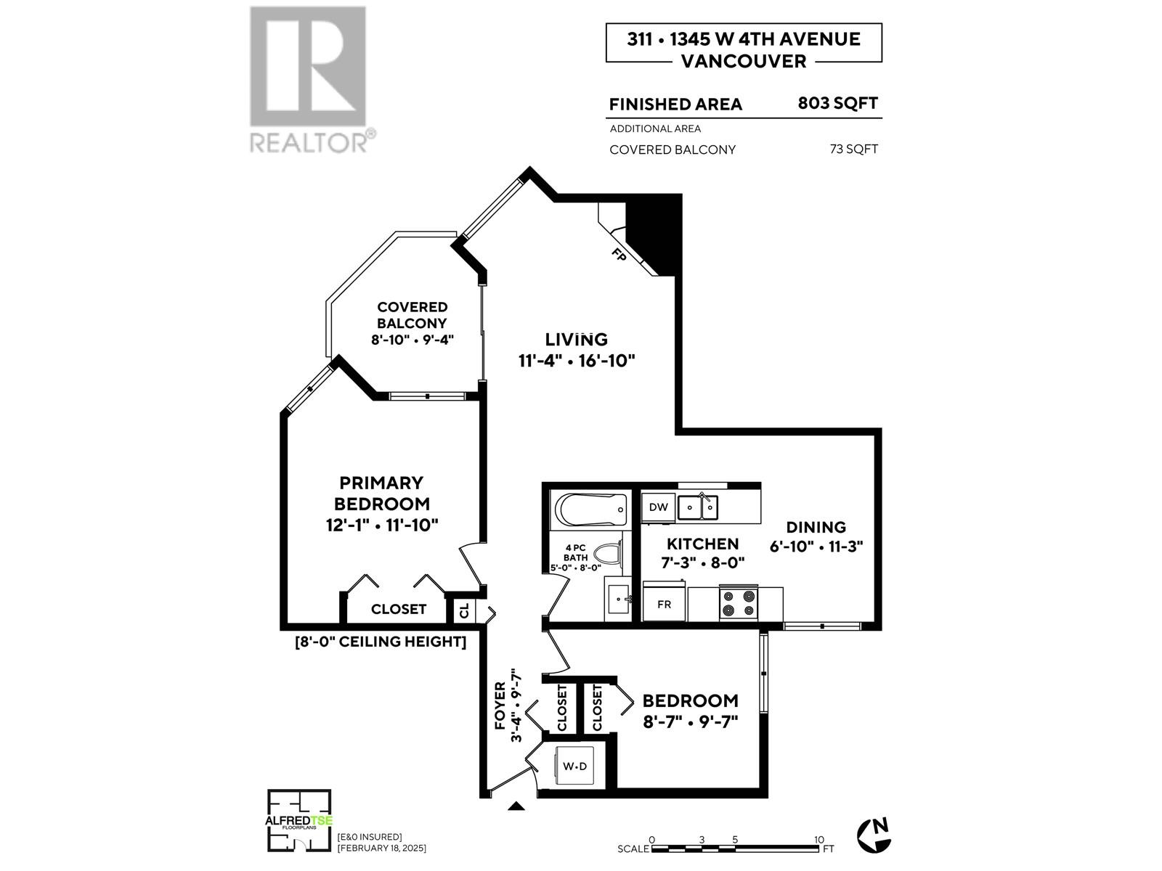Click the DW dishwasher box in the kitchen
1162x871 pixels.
[x=658, y=507]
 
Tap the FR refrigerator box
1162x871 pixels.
[x=664, y=604]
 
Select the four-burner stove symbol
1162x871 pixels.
[x=738, y=604]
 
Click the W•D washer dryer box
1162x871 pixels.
[x=575, y=766]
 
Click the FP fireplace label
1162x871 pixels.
[x=619, y=255]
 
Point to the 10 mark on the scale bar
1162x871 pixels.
[x=818, y=839]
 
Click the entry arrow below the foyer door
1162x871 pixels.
[x=516, y=806]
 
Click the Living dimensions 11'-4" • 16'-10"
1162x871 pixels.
[x=577, y=361]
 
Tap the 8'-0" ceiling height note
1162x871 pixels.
[x=380, y=642]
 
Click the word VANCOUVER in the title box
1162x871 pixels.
[x=744, y=61]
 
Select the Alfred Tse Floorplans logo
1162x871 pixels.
[x=299, y=821]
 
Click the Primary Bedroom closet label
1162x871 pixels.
[x=398, y=609]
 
